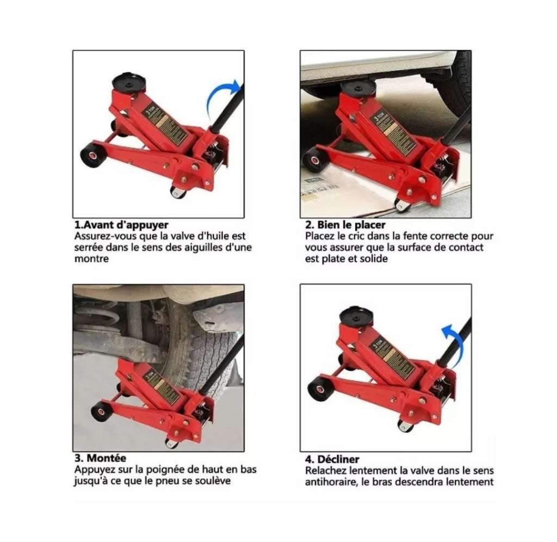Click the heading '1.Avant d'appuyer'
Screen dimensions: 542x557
coord(121,224)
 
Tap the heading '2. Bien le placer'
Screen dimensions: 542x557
coord(345,225)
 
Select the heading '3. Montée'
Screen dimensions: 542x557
coord(100,458)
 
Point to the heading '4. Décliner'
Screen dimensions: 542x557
coord(332,459)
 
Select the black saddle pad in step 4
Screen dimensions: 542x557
coord(356,315)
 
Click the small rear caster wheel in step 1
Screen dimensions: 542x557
coord(178,192)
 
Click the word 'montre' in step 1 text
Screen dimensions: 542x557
coord(91,259)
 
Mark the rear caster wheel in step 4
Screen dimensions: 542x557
coord(405,425)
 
